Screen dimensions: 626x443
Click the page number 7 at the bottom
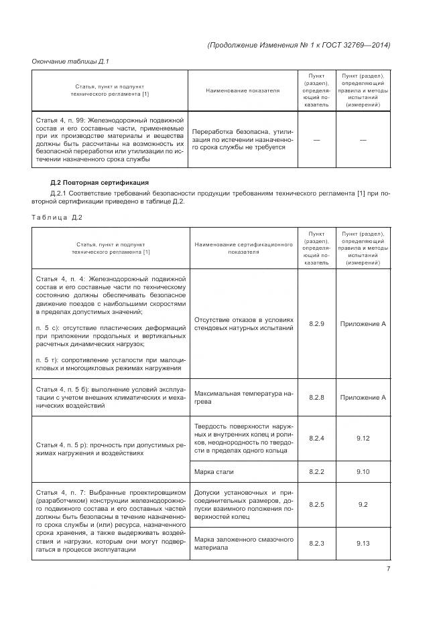click(387, 569)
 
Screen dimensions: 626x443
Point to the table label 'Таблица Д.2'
click(57, 217)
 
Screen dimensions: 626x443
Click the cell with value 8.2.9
click(316, 324)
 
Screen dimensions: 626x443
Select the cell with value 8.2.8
click(316, 398)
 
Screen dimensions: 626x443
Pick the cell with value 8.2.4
click(316, 438)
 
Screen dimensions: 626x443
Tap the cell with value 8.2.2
click(316, 472)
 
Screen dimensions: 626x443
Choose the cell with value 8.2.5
click(316, 504)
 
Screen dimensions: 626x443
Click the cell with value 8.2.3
click(316, 543)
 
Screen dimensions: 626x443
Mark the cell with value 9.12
click(363, 438)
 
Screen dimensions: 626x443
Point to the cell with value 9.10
click(363, 472)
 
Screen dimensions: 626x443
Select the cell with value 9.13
click(363, 543)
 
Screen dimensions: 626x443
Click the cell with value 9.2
click(363, 504)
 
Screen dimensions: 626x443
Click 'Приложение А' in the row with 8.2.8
click(363, 398)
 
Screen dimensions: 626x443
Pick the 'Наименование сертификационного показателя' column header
click(243, 248)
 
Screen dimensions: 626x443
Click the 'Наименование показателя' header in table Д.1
click(243, 90)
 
